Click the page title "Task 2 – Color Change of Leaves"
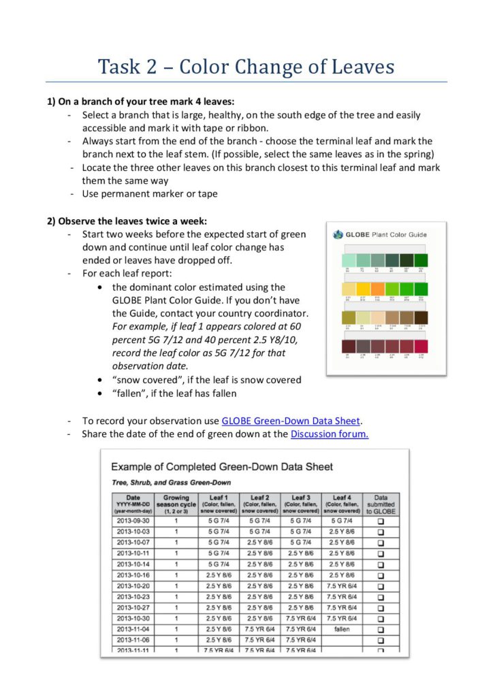point(246,67)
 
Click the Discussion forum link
point(329,434)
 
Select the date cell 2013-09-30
point(133,520)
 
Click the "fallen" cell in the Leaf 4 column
point(342,630)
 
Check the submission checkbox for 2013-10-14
point(381,564)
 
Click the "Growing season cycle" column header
point(176,503)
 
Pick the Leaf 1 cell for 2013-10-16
point(219,575)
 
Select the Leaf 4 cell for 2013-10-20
point(342,586)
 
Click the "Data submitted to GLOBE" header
point(381,503)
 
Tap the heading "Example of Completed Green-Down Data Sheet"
point(222,467)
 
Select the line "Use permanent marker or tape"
point(150,194)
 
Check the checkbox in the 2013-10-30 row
point(381,619)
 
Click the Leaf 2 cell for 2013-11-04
point(259,630)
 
